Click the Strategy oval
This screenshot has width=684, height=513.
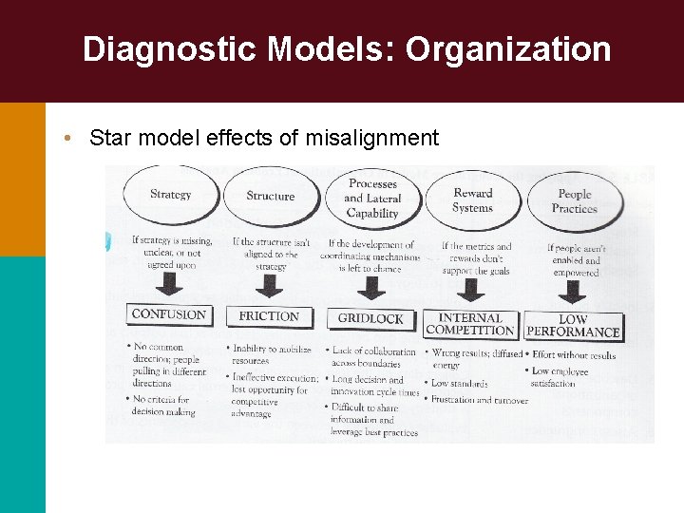pyautogui.click(x=170, y=196)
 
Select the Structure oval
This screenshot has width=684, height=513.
pyautogui.click(x=270, y=197)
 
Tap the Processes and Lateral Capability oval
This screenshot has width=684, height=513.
pyautogui.click(x=372, y=199)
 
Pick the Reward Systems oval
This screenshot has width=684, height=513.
pyautogui.click(x=472, y=200)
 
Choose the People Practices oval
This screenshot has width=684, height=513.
pyautogui.click(x=574, y=201)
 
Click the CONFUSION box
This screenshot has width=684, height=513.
pyautogui.click(x=169, y=314)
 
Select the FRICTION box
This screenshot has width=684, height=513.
pyautogui.click(x=269, y=316)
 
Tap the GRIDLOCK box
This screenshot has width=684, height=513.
pyautogui.click(x=370, y=318)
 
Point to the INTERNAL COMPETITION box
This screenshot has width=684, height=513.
pyautogui.click(x=470, y=324)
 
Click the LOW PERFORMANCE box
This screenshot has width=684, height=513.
pyautogui.click(x=573, y=326)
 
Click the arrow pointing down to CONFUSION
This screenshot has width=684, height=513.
pyautogui.click(x=170, y=284)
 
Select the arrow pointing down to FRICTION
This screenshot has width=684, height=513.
pyautogui.click(x=270, y=286)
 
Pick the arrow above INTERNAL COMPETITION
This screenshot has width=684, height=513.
pyautogui.click(x=472, y=290)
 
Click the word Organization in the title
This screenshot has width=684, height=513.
pyautogui.click(x=508, y=49)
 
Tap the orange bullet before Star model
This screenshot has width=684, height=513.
pyautogui.click(x=70, y=138)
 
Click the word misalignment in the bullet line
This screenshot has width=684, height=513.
pyautogui.click(x=372, y=139)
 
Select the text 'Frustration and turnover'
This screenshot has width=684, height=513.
pyautogui.click(x=480, y=401)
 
